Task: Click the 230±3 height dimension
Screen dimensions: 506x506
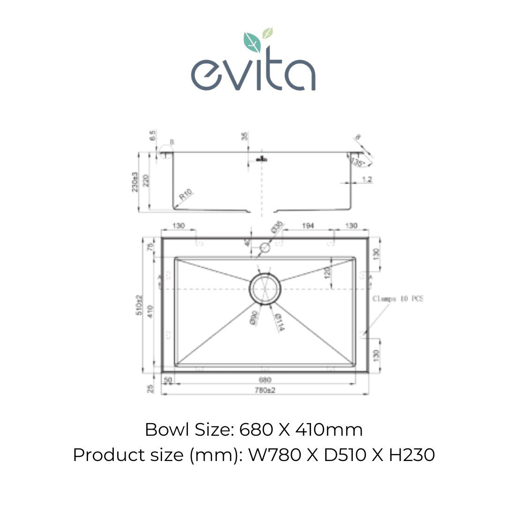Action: (135, 181)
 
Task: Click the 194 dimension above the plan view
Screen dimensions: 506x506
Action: (308, 226)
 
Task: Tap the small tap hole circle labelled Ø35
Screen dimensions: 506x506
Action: (265, 247)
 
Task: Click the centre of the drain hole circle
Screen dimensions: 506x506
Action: (265, 289)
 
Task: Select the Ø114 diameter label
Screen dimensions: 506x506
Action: (277, 322)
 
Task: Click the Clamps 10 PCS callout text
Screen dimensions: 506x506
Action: (397, 298)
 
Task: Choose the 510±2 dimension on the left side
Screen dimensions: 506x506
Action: (139, 305)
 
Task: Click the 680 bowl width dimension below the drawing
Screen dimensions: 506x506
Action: (265, 380)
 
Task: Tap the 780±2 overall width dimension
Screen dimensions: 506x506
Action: (265, 390)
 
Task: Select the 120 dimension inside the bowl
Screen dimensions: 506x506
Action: (327, 273)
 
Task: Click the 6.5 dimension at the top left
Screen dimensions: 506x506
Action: (152, 136)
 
